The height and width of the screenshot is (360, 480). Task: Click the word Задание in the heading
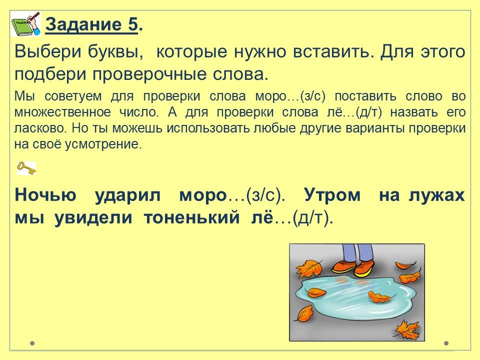[x=83, y=24]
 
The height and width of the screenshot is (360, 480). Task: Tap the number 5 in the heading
[x=132, y=24]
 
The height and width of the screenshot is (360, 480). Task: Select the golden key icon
[x=26, y=168]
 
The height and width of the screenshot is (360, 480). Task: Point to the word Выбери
[x=48, y=51]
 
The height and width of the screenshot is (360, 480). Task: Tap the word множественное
[x=62, y=112]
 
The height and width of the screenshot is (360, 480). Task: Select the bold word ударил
[x=127, y=195]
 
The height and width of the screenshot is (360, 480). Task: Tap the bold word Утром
[x=332, y=195]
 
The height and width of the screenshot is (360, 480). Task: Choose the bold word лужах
[x=437, y=195]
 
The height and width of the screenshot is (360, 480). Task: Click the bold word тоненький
[x=192, y=218]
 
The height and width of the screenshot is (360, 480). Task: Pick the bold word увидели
[x=93, y=218]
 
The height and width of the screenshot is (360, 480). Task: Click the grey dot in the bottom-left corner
[x=32, y=343]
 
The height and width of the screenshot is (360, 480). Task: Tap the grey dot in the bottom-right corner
[x=446, y=343]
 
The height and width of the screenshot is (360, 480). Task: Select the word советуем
[x=73, y=96]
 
